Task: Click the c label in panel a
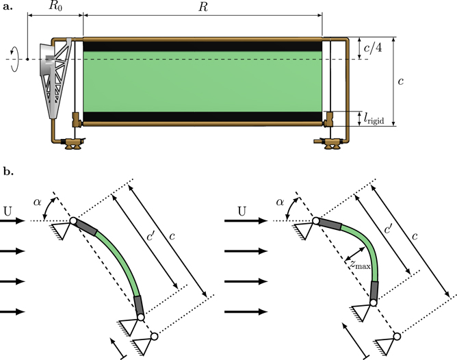[402, 81]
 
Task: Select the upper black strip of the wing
[203, 46]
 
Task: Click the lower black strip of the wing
[203, 116]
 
